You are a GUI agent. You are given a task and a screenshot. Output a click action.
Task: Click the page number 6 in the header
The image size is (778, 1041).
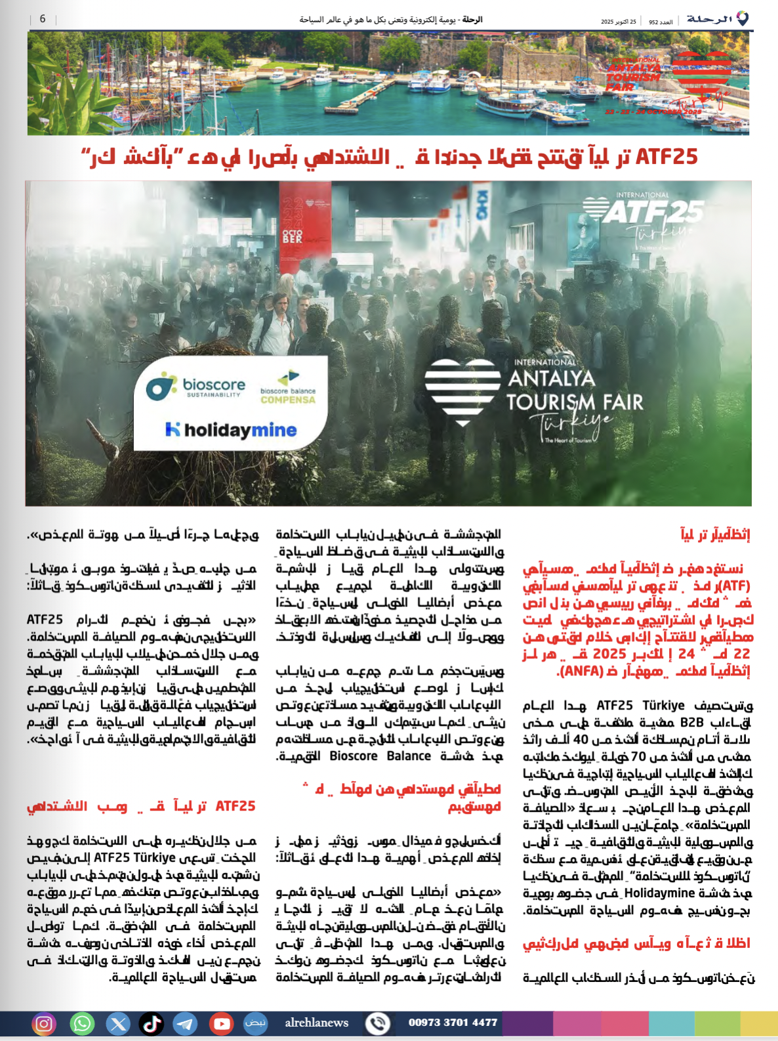(x=43, y=19)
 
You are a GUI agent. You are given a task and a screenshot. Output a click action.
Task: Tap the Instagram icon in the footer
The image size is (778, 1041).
(x=44, y=1023)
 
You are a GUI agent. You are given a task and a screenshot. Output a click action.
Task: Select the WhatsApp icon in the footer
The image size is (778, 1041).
(x=82, y=1023)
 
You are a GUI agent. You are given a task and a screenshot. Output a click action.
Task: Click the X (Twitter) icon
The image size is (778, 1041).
(x=118, y=1023)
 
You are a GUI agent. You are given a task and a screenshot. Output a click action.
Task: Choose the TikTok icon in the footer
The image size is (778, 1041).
(x=152, y=1023)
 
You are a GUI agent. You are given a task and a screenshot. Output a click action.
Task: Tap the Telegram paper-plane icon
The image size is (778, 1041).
(x=185, y=1023)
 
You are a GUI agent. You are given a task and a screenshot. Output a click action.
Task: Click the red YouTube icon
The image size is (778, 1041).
(x=221, y=1023)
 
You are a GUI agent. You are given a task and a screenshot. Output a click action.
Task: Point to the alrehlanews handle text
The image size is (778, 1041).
(x=317, y=1023)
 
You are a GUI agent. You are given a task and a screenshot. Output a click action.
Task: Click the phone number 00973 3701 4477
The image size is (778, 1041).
(x=453, y=1022)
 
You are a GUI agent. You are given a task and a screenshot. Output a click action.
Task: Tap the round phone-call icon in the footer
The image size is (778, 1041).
(x=378, y=1023)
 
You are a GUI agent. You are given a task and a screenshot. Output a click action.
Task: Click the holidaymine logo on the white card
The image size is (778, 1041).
(x=232, y=430)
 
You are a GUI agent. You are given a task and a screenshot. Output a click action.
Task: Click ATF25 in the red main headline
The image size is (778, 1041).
(x=666, y=157)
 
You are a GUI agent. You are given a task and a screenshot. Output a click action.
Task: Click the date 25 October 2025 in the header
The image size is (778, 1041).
(x=619, y=22)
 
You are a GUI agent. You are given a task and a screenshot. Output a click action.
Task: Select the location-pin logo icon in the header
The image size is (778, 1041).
(x=743, y=18)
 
